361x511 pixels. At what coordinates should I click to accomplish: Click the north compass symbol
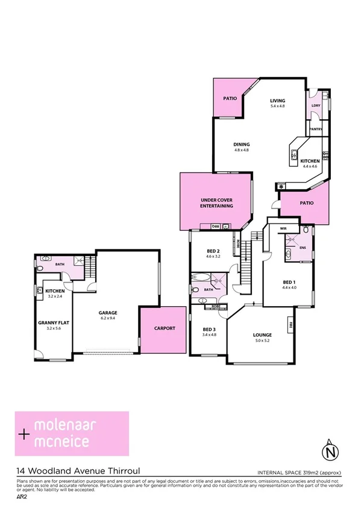328,449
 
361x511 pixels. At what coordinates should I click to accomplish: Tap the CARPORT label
164,328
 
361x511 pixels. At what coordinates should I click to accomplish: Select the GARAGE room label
108,312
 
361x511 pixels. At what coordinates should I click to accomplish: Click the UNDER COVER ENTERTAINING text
216,203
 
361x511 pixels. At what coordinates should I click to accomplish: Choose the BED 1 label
289,281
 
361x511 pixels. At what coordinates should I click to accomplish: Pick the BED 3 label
209,329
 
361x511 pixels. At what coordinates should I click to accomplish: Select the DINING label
242,144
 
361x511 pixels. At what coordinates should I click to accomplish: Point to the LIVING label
277,101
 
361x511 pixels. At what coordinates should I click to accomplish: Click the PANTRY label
315,129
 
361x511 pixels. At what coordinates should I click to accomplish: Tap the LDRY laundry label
315,105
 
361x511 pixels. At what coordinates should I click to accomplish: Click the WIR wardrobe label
283,228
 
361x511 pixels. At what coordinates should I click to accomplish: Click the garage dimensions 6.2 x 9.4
108,318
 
